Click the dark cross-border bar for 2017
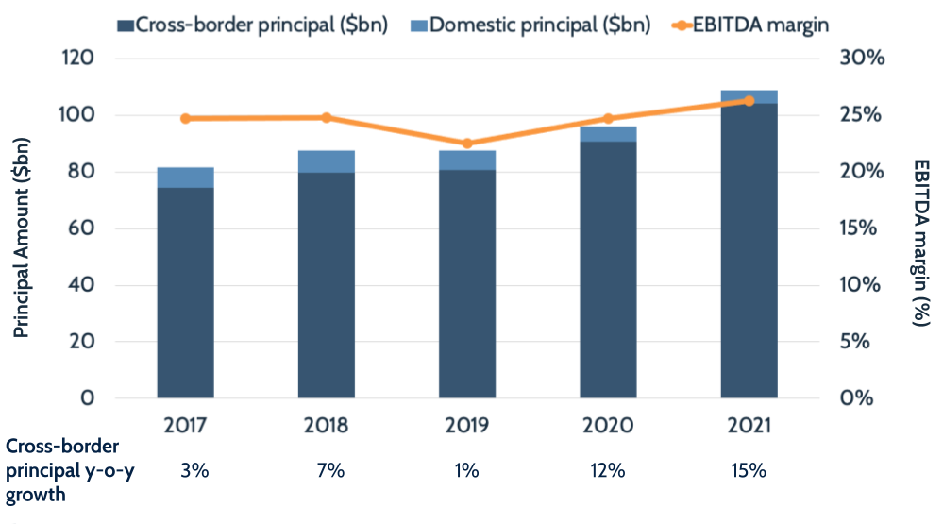pos(185,293)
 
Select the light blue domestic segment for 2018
pos(326,161)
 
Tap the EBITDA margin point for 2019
pos(466,144)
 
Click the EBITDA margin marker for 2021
pos(749,101)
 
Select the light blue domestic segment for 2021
pos(749,96)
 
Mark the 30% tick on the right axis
pos(861,59)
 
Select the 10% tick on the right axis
pos(861,285)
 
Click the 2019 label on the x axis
pos(466,425)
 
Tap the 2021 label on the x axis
pos(749,425)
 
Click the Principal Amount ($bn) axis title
pos(23,236)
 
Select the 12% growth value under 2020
pos(608,470)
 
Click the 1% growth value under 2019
pos(466,470)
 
